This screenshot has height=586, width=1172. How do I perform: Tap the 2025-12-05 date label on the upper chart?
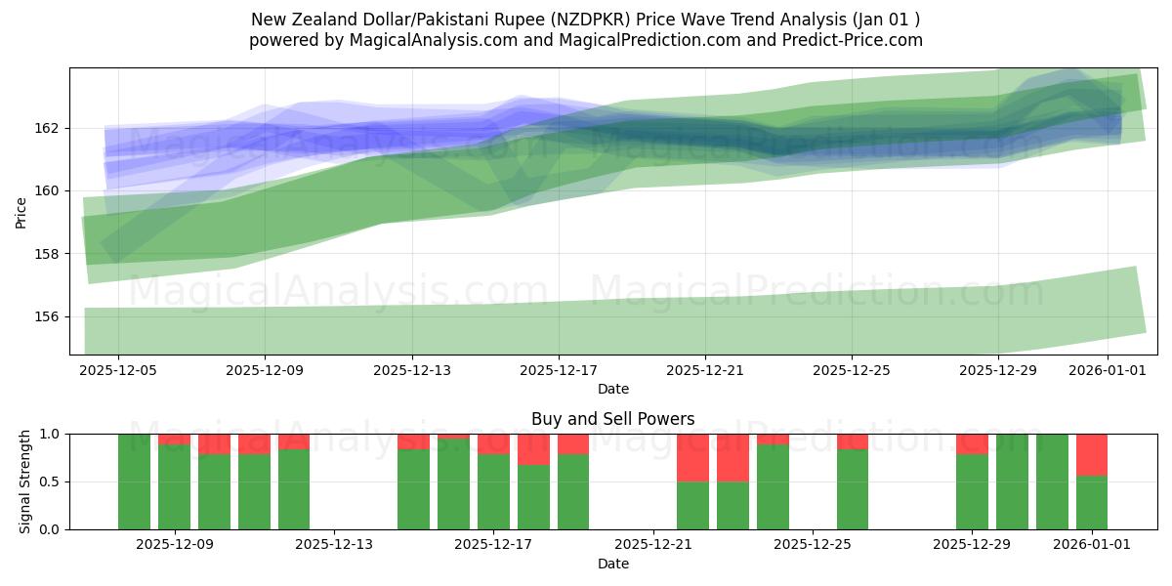pos(118,370)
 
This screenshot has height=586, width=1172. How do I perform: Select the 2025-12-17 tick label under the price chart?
pos(559,370)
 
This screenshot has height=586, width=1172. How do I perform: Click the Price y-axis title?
pos(21,212)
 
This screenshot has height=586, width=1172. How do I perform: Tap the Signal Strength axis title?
pos(25,481)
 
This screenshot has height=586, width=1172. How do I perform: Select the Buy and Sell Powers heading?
pos(612,419)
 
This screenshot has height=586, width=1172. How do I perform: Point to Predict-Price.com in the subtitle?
pos(854,40)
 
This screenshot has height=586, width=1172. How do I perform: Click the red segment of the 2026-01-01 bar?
pos(1092,454)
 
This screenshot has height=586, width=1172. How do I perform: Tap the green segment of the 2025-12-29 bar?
pos(972,492)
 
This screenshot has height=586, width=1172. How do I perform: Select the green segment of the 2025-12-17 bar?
pos(493,492)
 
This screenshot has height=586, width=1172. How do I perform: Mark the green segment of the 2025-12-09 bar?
pos(174,487)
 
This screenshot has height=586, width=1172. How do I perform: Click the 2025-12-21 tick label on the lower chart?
pos(653,544)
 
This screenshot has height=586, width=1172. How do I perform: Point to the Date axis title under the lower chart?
pos(612,564)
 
